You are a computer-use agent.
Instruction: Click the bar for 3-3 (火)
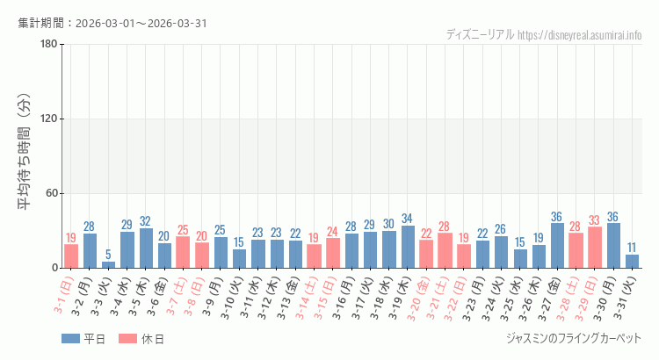click(108, 264)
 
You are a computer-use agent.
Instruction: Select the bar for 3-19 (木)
click(408, 247)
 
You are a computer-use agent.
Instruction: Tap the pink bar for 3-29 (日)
click(595, 248)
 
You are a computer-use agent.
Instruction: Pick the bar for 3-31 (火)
click(633, 261)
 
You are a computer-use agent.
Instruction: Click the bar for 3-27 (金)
click(557, 246)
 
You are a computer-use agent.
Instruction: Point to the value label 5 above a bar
click(108, 255)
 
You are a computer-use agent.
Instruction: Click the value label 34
click(408, 219)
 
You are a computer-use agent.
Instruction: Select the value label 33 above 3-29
click(595, 220)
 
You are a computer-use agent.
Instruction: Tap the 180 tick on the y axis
click(48, 45)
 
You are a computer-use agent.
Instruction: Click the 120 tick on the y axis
click(48, 119)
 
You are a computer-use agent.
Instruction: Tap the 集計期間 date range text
click(112, 23)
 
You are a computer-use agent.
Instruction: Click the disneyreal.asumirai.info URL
click(580, 35)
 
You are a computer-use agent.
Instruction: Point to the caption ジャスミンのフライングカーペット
click(574, 338)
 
